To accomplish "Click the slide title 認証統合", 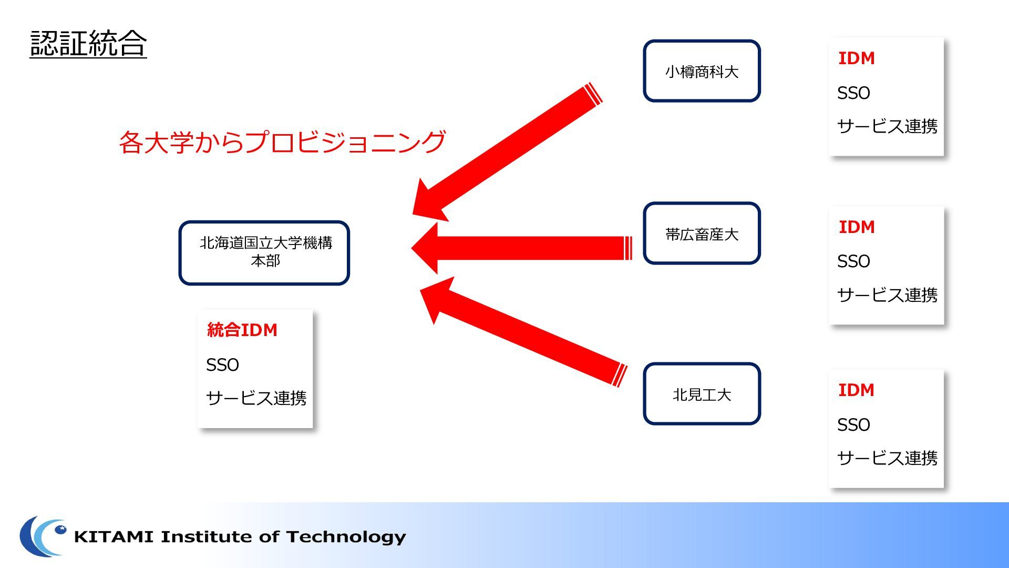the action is pyautogui.click(x=88, y=43).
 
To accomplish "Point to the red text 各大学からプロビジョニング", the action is pyautogui.click(x=282, y=142).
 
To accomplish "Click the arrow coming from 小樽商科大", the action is pyautogui.click(x=507, y=152).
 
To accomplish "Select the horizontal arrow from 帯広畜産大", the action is pyautogui.click(x=521, y=248).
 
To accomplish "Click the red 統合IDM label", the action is pyautogui.click(x=242, y=330).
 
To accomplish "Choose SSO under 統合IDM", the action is pyautogui.click(x=222, y=364).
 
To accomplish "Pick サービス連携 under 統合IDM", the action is pyautogui.click(x=256, y=398).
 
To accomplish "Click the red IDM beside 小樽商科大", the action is pyautogui.click(x=856, y=58).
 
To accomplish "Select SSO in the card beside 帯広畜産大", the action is pyautogui.click(x=853, y=261).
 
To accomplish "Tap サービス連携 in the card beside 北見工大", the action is pyautogui.click(x=887, y=458).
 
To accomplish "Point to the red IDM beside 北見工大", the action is pyautogui.click(x=856, y=390).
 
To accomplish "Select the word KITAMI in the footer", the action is pyautogui.click(x=114, y=536).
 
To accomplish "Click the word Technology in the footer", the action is pyautogui.click(x=346, y=537).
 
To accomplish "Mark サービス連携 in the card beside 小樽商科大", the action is pyautogui.click(x=887, y=126).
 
